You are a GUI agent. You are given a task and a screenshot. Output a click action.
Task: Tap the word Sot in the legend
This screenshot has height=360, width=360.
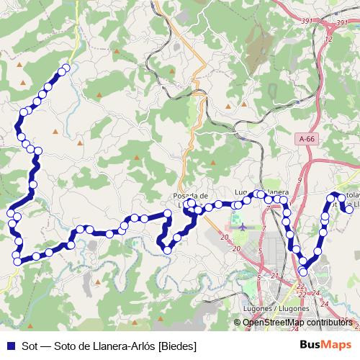tap(30, 346)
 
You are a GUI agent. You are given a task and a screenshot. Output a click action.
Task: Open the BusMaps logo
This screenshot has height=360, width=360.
tap(325, 346)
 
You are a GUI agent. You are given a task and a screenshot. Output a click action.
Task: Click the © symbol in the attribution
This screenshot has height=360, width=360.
tap(238, 323)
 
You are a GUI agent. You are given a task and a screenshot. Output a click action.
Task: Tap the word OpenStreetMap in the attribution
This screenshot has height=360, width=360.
tap(271, 323)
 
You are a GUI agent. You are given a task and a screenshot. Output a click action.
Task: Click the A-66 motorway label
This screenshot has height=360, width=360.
tap(307, 137)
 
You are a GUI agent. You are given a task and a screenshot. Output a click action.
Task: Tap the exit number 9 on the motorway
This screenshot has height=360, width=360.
tap(299, 180)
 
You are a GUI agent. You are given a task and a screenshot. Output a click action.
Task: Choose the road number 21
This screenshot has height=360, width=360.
tap(275, 276)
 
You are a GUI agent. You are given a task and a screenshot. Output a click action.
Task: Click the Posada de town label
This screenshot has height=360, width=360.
tap(190, 195)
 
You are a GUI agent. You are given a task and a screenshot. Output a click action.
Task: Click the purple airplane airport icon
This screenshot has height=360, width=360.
tap(241, 226)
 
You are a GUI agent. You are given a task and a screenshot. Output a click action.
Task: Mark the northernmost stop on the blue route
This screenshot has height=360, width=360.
tap(66, 69)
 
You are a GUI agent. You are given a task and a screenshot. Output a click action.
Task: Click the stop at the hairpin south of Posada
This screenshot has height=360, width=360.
tap(168, 250)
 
